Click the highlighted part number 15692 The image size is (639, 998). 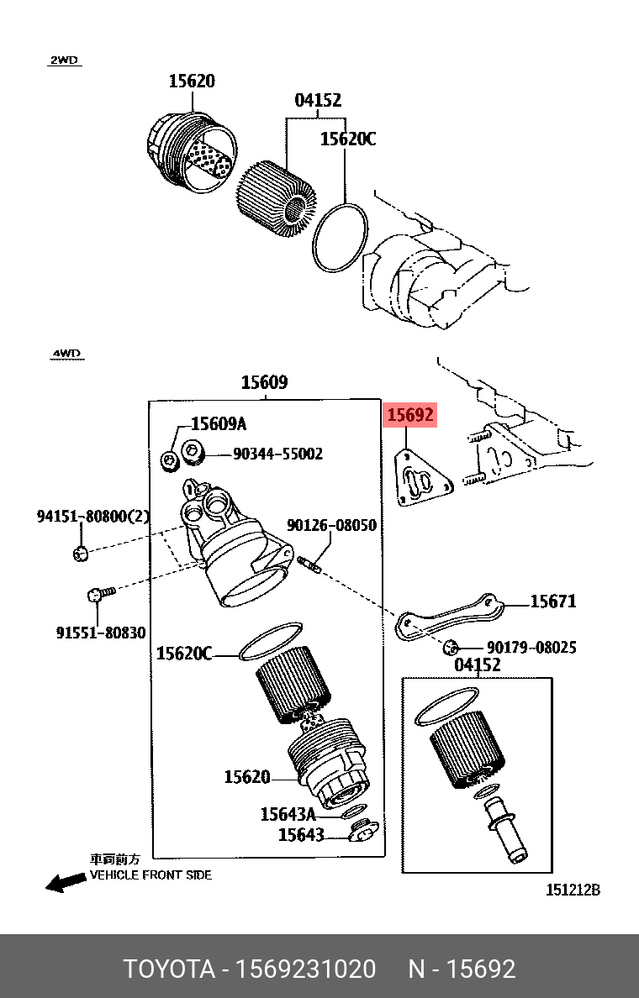[x=409, y=414]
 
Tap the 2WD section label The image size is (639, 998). [x=64, y=60]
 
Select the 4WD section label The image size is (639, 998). [x=66, y=354]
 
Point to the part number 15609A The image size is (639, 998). [x=218, y=424]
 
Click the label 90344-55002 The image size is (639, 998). [x=277, y=454]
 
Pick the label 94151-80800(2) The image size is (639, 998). [x=92, y=517]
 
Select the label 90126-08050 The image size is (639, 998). [x=331, y=525]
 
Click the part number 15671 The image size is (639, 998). [x=552, y=601]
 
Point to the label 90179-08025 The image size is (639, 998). [x=531, y=648]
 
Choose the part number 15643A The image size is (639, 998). [x=288, y=813]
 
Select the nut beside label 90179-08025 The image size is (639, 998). [x=452, y=647]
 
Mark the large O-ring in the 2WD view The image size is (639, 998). [x=341, y=238]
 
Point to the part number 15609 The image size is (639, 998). [x=264, y=383]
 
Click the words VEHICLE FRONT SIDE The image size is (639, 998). [x=151, y=875]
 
